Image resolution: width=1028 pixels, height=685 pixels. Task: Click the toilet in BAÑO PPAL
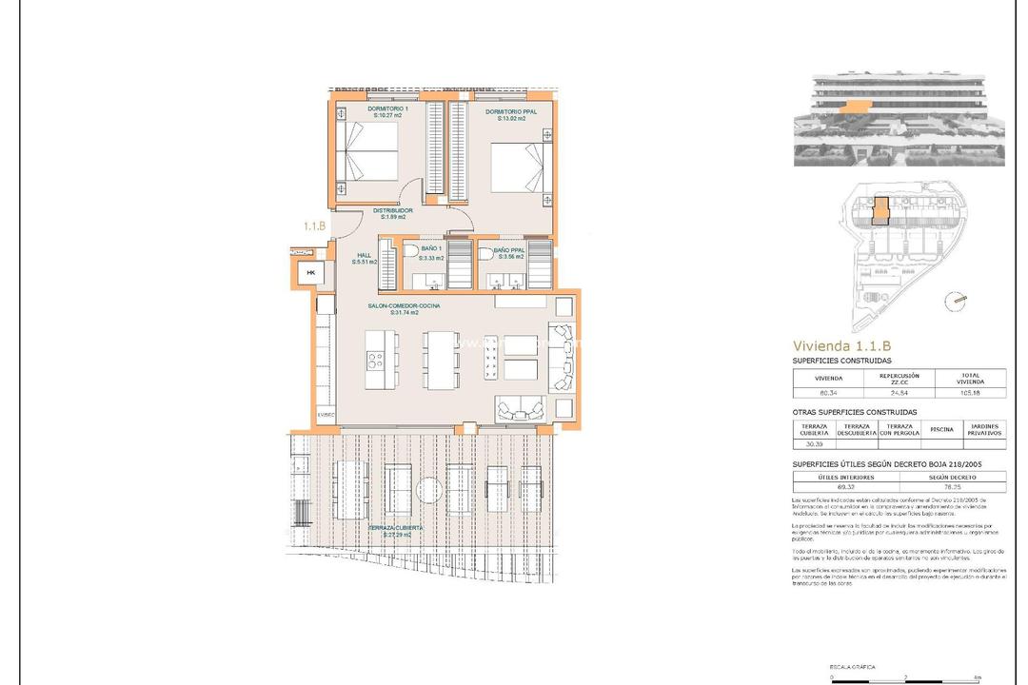coord(485,254)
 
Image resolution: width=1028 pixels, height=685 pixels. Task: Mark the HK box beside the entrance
coord(309,273)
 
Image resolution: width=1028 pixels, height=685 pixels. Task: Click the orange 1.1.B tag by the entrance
coord(315,226)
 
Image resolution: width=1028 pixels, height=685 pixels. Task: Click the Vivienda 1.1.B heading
coord(841,346)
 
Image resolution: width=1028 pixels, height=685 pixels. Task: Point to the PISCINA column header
coord(941,429)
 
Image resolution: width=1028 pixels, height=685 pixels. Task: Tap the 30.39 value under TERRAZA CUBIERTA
coord(813,443)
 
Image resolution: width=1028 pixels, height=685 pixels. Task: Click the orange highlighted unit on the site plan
coord(882,211)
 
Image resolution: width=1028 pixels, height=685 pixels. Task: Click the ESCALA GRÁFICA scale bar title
coord(825,668)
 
